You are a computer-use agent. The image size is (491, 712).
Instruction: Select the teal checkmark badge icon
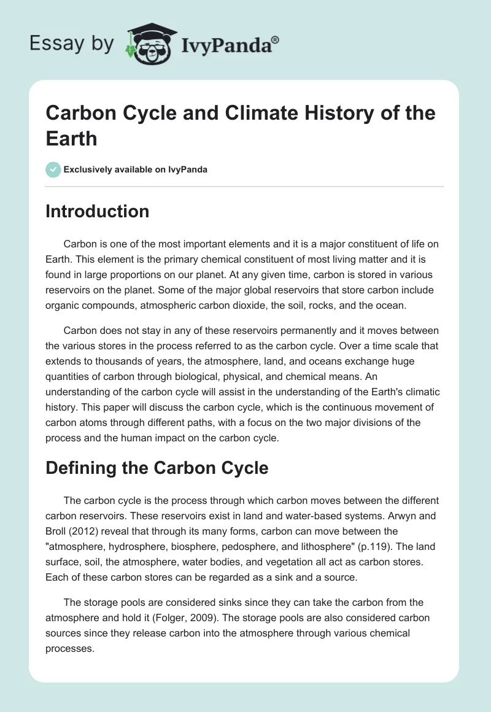coord(53,169)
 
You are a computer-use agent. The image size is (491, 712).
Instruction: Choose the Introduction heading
coord(98,211)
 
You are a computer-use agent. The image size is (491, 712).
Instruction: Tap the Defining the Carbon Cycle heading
coord(157,468)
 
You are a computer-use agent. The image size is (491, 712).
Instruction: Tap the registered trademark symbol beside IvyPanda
coord(276,39)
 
